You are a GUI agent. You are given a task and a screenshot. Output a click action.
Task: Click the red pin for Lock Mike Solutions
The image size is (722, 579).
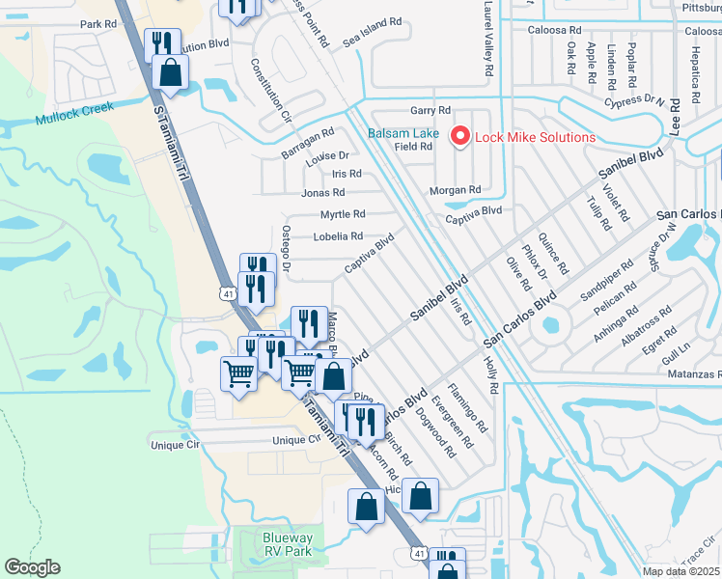point(459,137)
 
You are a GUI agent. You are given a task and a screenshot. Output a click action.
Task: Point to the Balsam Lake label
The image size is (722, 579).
point(403,133)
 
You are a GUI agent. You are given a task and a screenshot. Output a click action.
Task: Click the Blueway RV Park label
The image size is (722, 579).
point(288,545)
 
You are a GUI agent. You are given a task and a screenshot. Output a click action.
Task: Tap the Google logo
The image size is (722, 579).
point(32,567)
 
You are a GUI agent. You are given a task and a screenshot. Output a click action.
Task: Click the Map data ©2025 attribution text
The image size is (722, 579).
point(680,571)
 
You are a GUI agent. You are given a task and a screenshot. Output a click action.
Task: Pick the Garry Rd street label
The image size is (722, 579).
point(430,112)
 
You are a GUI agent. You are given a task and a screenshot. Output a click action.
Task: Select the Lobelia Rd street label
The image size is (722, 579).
point(338,235)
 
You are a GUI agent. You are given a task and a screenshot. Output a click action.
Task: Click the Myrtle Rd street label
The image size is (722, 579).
point(343,214)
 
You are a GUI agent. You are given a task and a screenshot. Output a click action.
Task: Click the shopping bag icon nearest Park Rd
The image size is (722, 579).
point(170,73)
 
